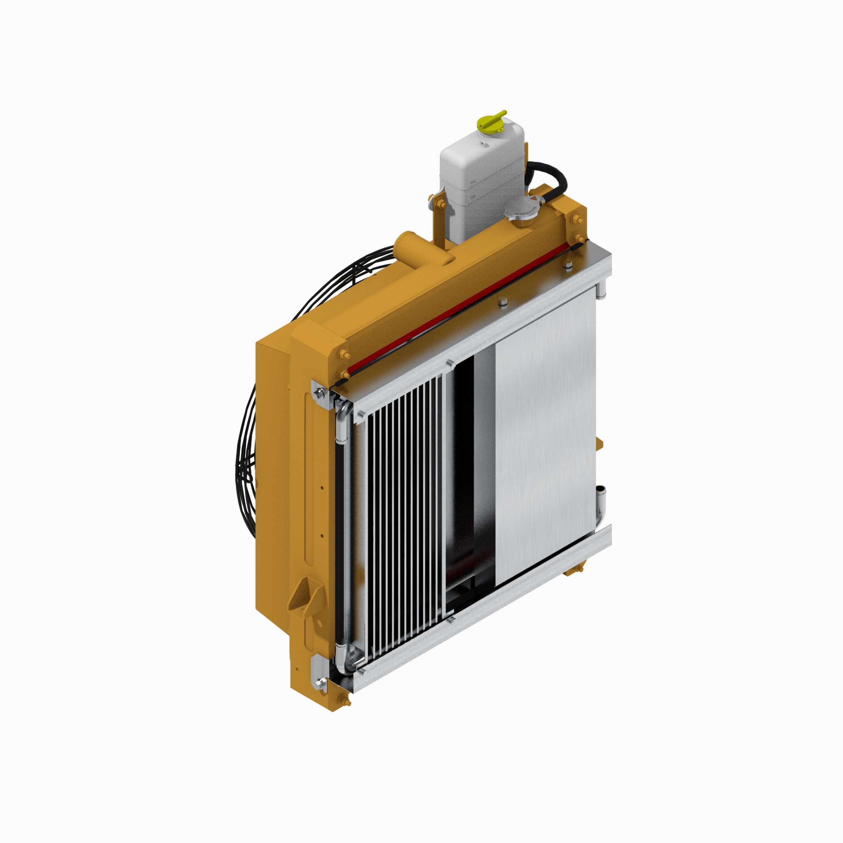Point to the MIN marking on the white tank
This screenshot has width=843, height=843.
tap(472, 197)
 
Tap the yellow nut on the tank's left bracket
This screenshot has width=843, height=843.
tap(438, 203)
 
